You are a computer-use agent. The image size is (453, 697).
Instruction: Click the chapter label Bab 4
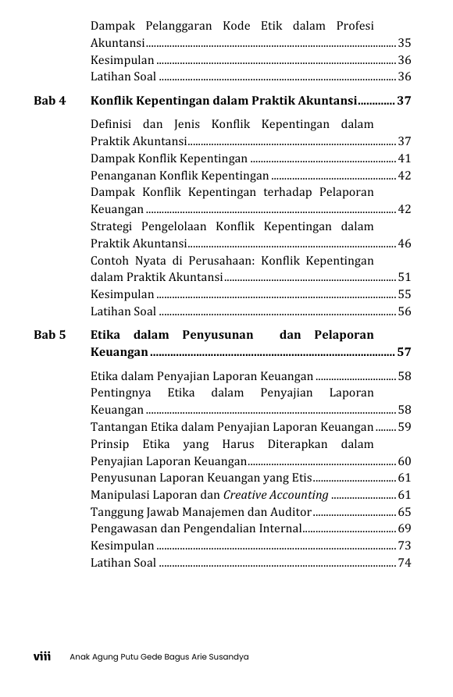pos(50,101)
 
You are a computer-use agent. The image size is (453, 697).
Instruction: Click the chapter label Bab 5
pos(50,335)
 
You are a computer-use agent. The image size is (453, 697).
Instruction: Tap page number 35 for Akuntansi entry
pos(404,43)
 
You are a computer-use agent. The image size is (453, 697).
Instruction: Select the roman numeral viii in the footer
pos(41,656)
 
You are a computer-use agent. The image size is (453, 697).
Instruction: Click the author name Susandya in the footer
pos(228,657)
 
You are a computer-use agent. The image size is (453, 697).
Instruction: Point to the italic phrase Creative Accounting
pos(276,495)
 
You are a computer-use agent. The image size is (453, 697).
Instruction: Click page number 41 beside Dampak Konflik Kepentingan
pos(404,158)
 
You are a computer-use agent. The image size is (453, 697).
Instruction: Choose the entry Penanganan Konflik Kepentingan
pos(180,176)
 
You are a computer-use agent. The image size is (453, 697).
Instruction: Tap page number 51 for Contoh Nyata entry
pos(404,277)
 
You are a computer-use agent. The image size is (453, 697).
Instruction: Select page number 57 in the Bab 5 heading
pos(404,352)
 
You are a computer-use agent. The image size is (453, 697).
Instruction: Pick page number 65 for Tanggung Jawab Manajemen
pos(404,512)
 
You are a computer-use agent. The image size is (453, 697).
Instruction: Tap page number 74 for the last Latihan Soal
pos(404,563)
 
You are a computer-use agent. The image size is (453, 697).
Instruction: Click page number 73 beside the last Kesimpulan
pos(404,546)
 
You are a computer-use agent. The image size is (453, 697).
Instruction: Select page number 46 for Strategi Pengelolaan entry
pos(404,244)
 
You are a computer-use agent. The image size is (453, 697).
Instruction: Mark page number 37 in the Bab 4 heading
pos(404,101)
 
